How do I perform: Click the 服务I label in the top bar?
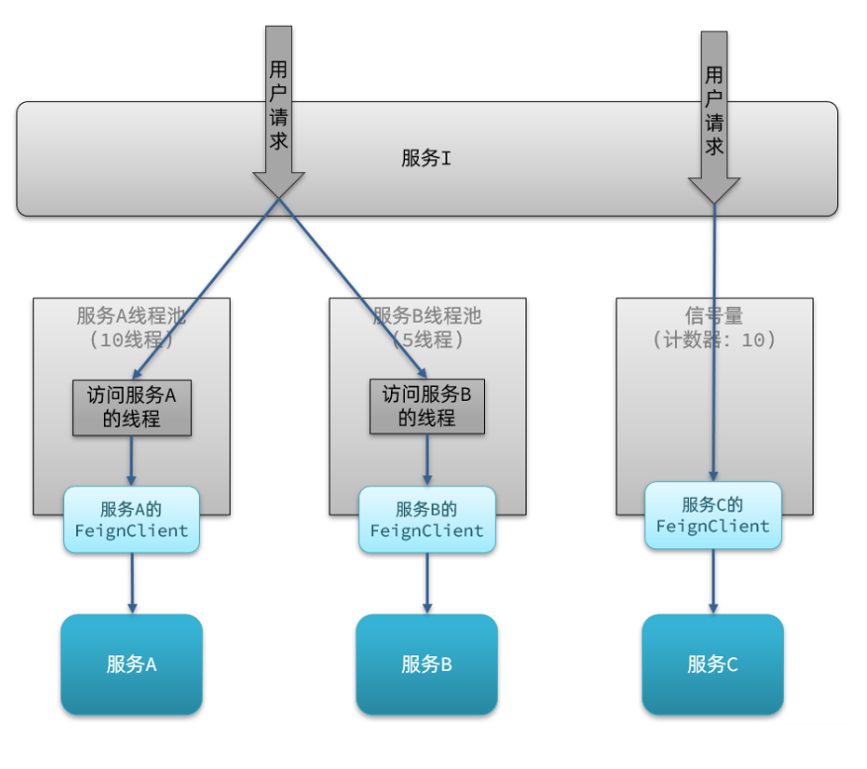click(x=427, y=158)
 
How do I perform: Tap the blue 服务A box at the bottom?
click(x=132, y=664)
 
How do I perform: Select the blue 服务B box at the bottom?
click(x=427, y=664)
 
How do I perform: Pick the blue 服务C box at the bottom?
click(x=713, y=664)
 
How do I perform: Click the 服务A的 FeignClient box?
click(x=132, y=520)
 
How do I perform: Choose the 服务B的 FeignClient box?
click(x=427, y=520)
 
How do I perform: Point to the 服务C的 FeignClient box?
click(x=713, y=516)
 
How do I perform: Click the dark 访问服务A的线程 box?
click(x=132, y=407)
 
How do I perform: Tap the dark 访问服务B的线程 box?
click(x=427, y=406)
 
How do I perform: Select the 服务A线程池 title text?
click(x=132, y=316)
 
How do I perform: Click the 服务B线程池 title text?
click(x=427, y=316)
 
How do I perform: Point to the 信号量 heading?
click(x=714, y=316)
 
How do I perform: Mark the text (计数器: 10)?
click(x=714, y=339)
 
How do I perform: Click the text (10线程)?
click(x=132, y=339)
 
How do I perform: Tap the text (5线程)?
click(x=427, y=339)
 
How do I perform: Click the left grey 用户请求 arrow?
click(x=279, y=109)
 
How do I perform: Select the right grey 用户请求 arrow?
click(x=714, y=114)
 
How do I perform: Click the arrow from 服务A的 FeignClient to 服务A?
click(x=132, y=584)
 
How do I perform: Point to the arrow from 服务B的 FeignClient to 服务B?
click(x=427, y=584)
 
